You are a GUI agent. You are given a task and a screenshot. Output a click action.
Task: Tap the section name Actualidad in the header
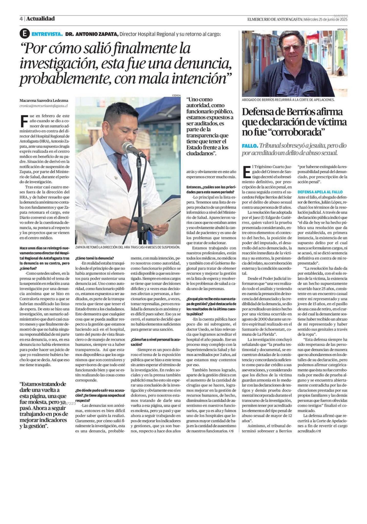coord(40,19)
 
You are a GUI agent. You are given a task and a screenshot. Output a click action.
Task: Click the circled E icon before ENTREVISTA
coord(24,34)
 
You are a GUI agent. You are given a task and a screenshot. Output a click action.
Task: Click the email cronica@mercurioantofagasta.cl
coord(44,105)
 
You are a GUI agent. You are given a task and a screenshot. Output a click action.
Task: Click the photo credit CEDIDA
coord(176,95)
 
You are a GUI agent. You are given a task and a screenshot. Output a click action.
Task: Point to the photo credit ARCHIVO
coord(342,29)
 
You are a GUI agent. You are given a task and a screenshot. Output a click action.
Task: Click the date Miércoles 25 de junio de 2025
coord(326,19)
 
